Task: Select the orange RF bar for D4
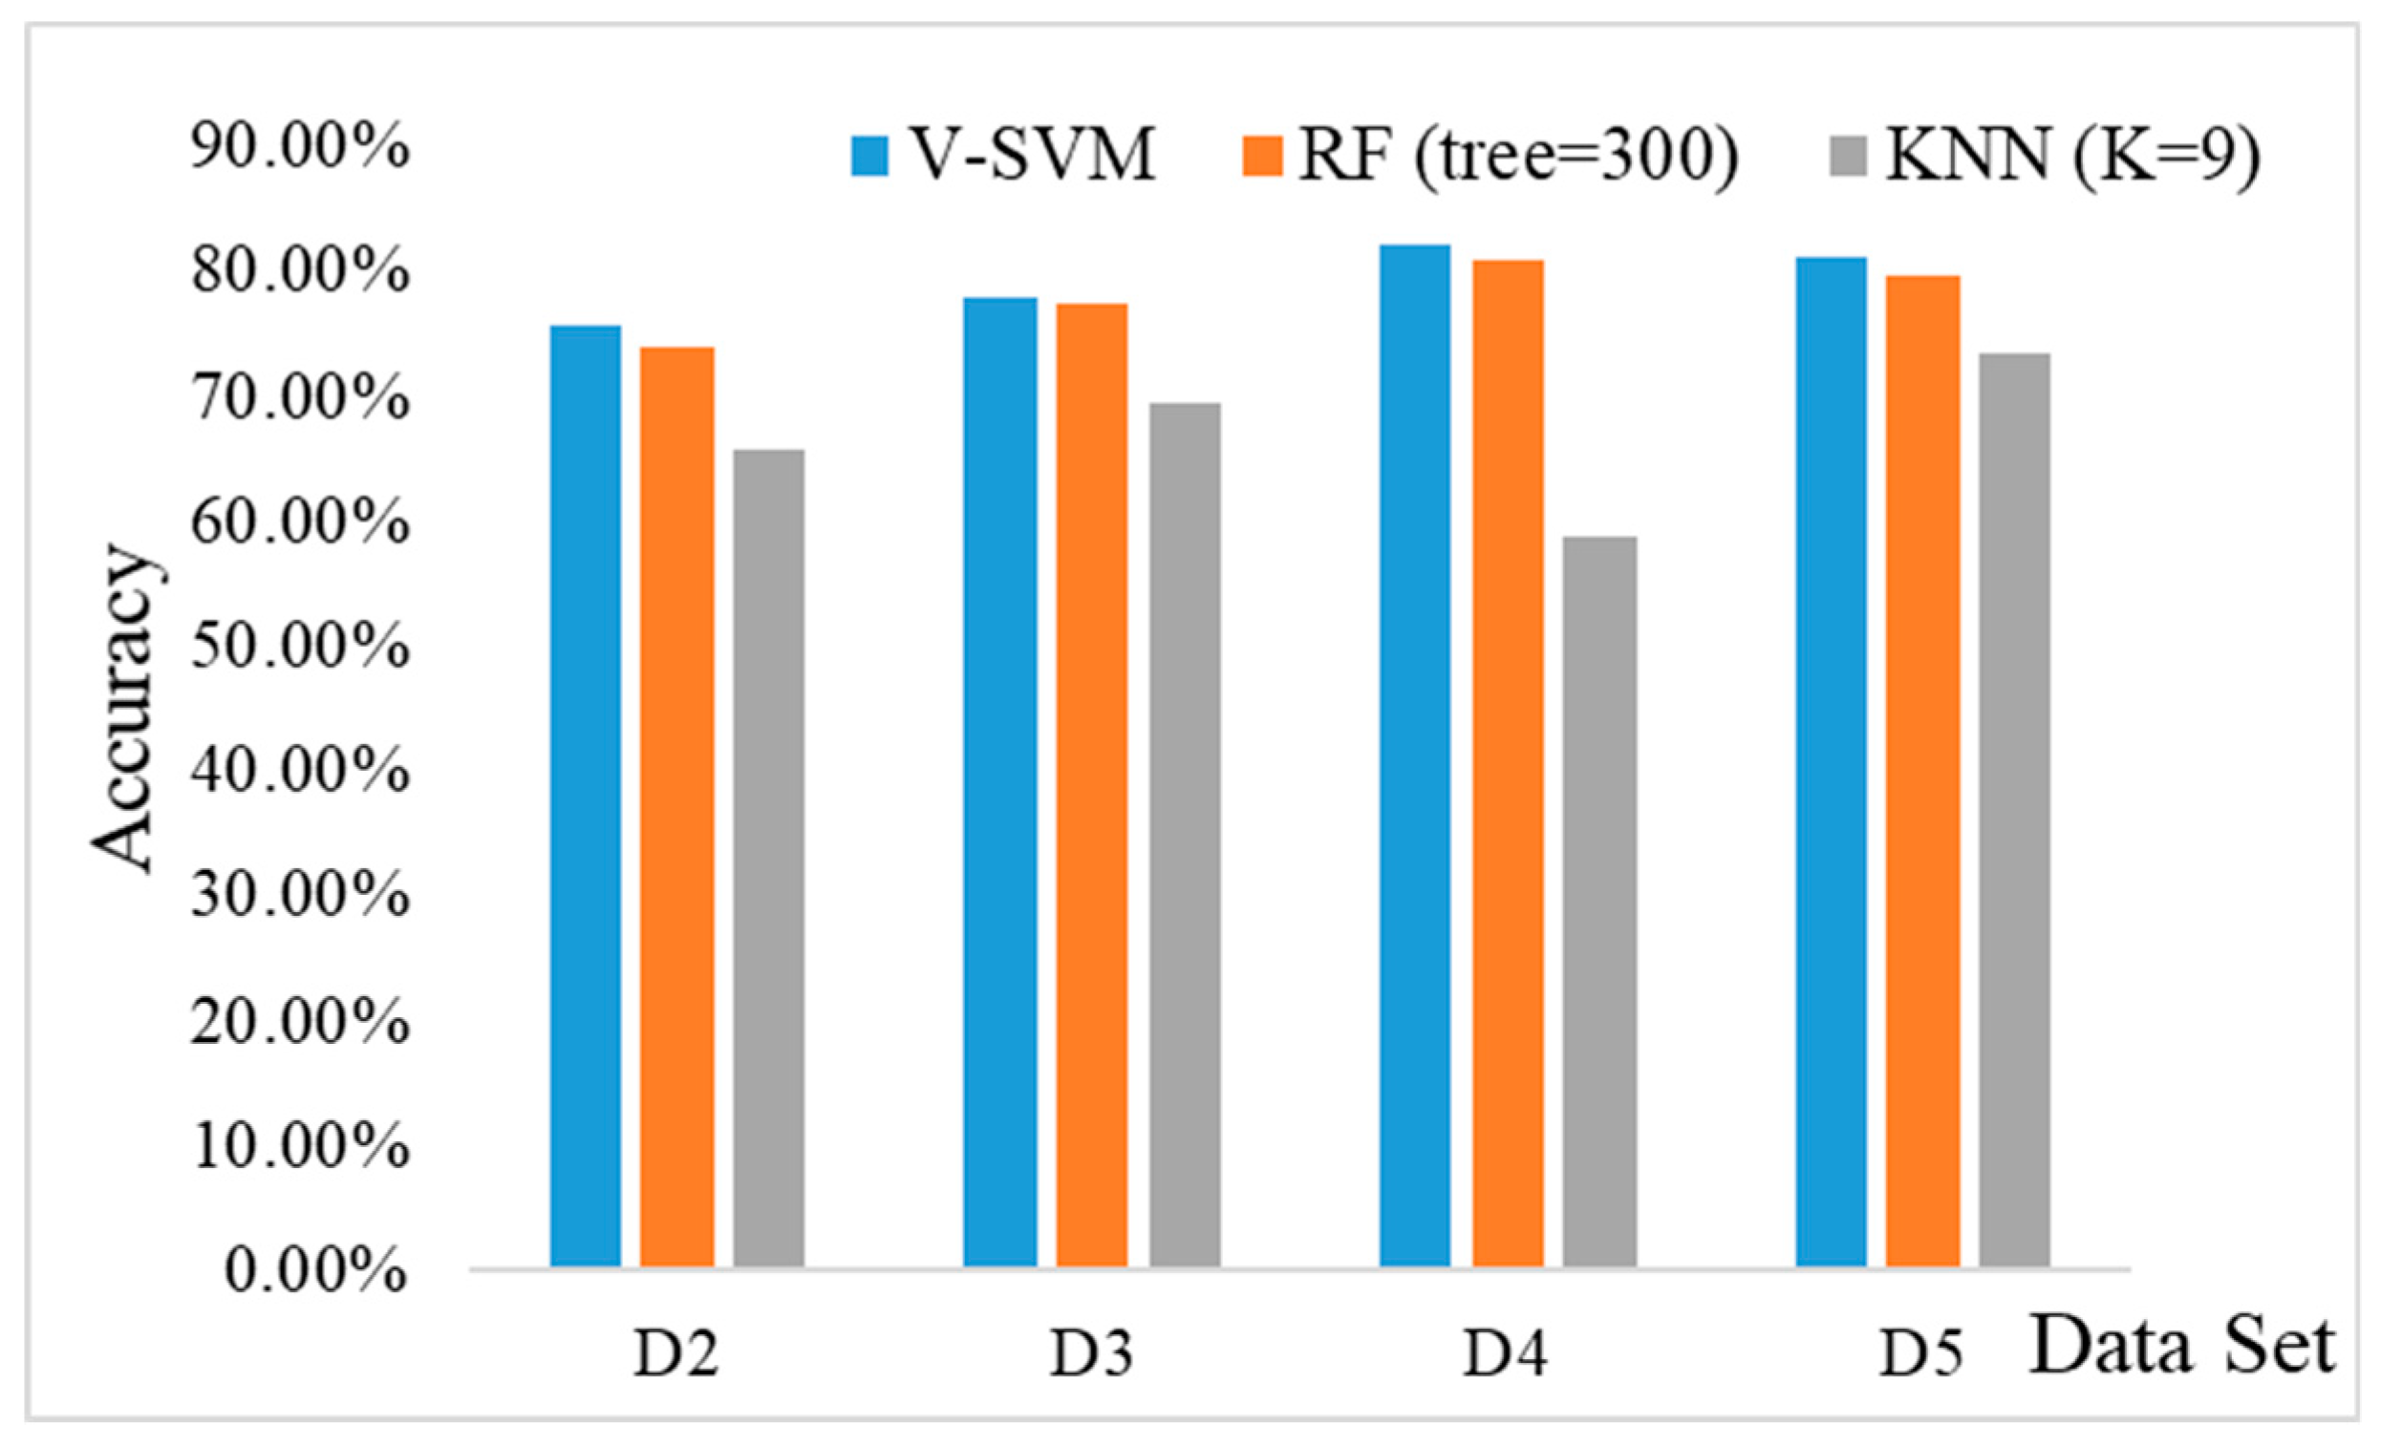1508,763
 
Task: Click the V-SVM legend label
1034,155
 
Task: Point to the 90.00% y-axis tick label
300,147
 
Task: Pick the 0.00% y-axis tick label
315,1268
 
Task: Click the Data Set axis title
2182,1347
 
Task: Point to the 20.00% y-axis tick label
300,1020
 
